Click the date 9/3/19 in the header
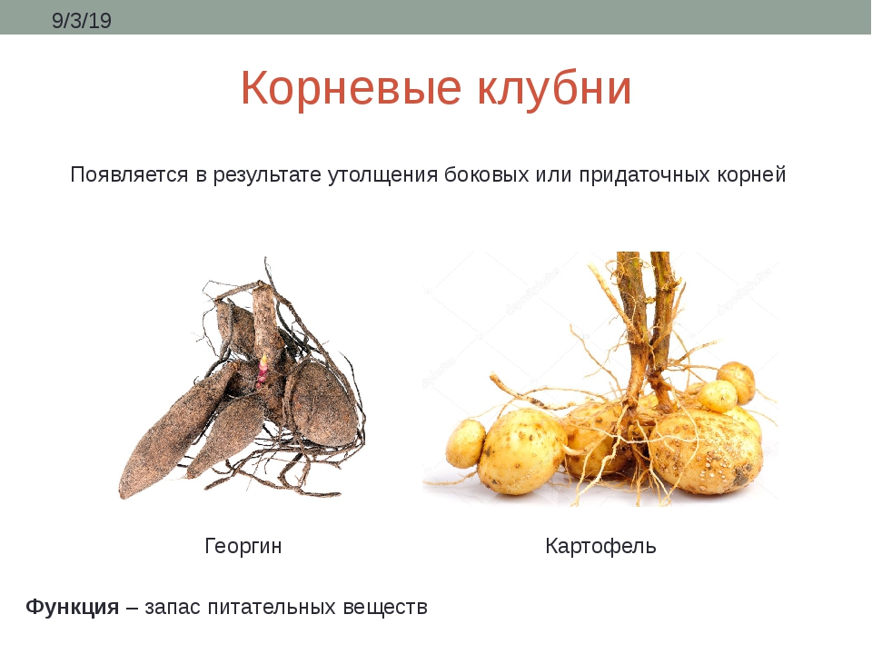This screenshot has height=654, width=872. (x=81, y=21)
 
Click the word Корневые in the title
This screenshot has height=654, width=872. (x=351, y=88)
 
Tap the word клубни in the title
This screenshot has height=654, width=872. (x=554, y=88)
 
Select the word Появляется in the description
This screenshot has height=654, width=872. (x=129, y=174)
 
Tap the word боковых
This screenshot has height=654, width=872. (x=487, y=174)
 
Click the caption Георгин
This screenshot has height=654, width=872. (x=243, y=546)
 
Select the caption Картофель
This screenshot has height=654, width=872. (x=600, y=546)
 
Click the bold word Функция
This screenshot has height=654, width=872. (x=73, y=607)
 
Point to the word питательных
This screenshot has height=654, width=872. (x=272, y=607)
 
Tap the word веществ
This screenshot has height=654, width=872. (x=385, y=607)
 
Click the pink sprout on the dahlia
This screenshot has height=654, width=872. (x=262, y=371)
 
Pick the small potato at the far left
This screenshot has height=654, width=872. (x=466, y=443)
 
